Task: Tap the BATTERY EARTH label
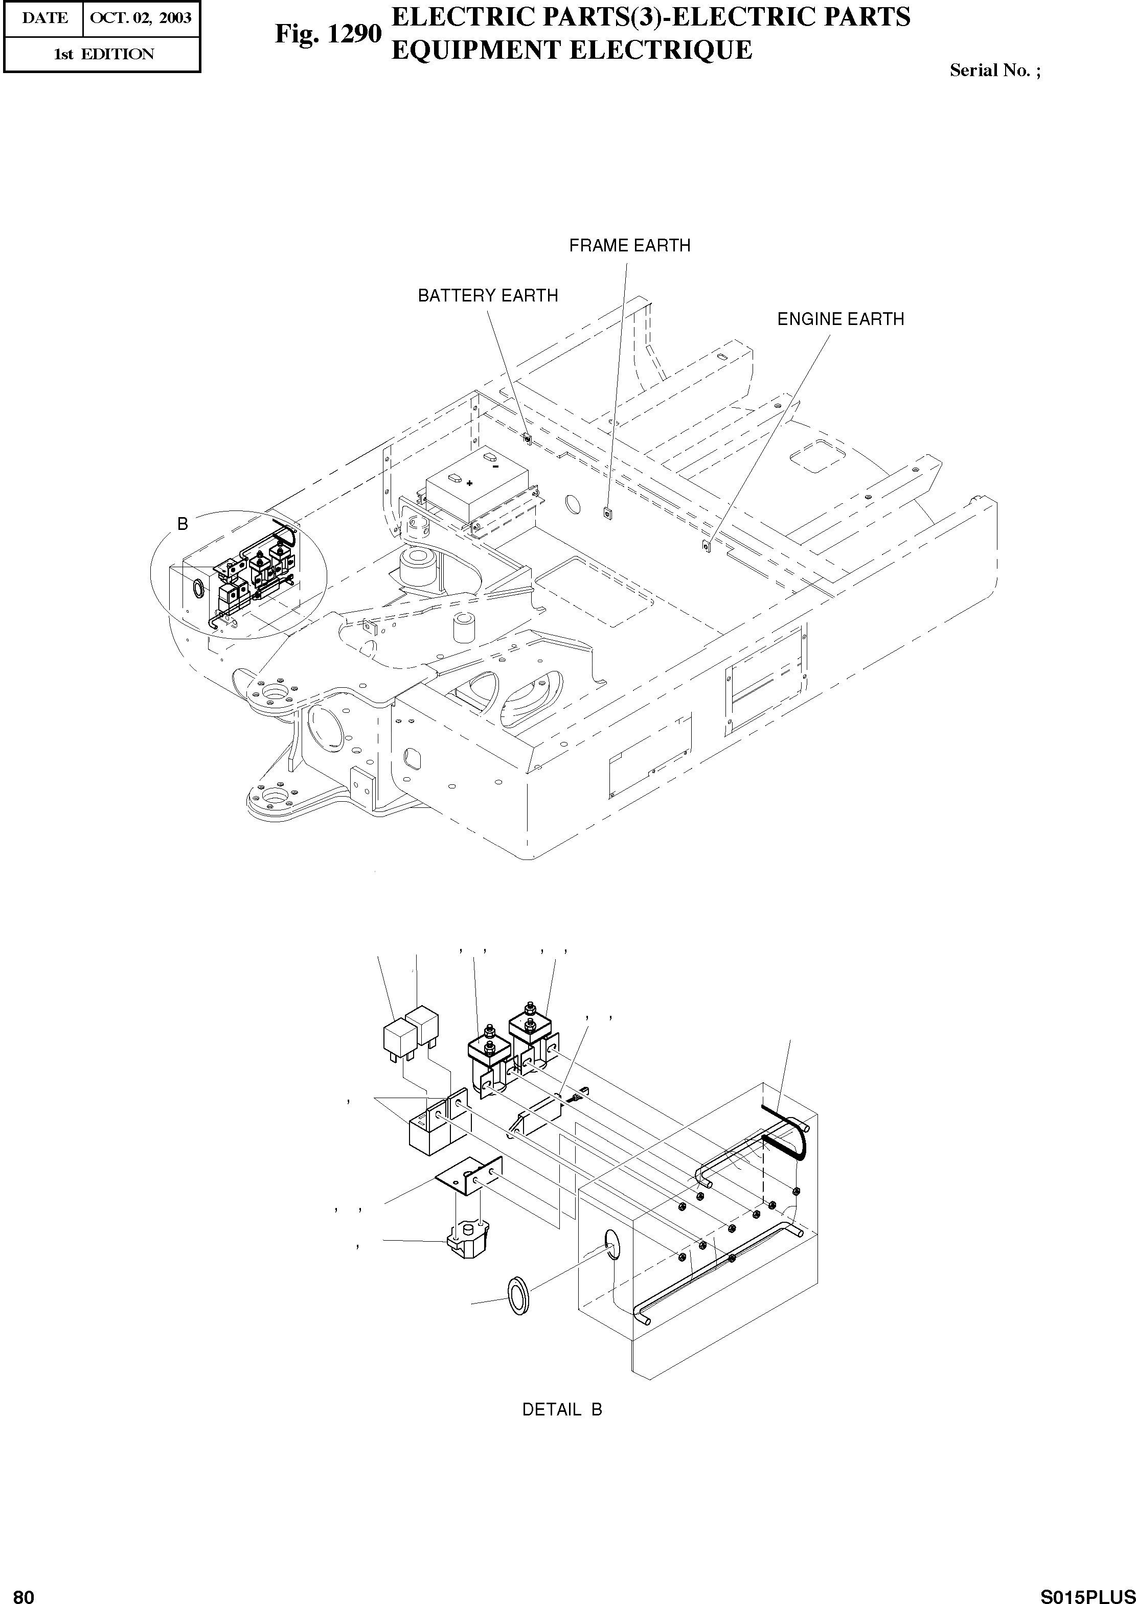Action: pos(488,296)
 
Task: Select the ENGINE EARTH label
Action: pos(841,319)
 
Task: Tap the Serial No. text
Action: pos(994,71)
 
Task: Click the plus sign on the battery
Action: pos(469,482)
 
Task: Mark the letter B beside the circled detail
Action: pos(183,524)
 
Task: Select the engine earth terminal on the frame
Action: pos(706,545)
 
